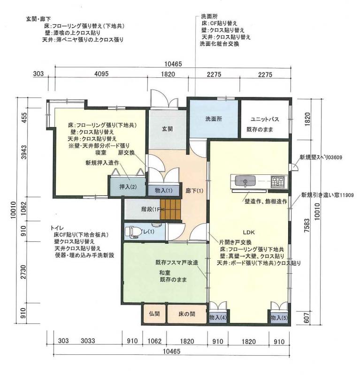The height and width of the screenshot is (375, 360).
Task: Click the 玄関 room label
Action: pyautogui.click(x=167, y=129)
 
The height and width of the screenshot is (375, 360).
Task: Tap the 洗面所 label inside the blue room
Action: pyautogui.click(x=214, y=119)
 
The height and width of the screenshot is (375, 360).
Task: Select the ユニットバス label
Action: pyautogui.click(x=265, y=119)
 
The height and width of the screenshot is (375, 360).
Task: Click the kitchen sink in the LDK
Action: pyautogui.click(x=245, y=181)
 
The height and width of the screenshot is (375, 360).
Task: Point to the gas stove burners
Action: pyautogui.click(x=277, y=181)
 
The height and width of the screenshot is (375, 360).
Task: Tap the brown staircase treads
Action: pyautogui.click(x=170, y=209)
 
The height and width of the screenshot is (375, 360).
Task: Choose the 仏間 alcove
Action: pyautogui.click(x=154, y=314)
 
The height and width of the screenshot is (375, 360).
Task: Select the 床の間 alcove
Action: pyautogui.click(x=187, y=314)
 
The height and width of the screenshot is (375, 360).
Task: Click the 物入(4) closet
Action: pyautogui.click(x=218, y=317)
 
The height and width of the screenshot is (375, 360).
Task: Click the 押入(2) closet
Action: pyautogui.click(x=128, y=186)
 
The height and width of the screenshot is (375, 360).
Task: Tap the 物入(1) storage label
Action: pyautogui.click(x=164, y=190)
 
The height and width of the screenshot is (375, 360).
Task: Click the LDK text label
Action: pyautogui.click(x=249, y=232)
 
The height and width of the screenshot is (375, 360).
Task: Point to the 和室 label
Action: pyautogui.click(x=165, y=272)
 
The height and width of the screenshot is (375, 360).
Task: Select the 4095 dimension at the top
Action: pyautogui.click(x=101, y=74)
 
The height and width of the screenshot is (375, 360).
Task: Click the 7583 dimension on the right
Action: pyautogui.click(x=306, y=225)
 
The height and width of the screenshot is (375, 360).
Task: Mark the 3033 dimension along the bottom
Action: pyautogui.click(x=88, y=341)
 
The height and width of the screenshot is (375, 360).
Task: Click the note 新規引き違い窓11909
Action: pyautogui.click(x=328, y=195)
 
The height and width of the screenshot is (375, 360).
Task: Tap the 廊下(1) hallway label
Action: pyautogui.click(x=194, y=191)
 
